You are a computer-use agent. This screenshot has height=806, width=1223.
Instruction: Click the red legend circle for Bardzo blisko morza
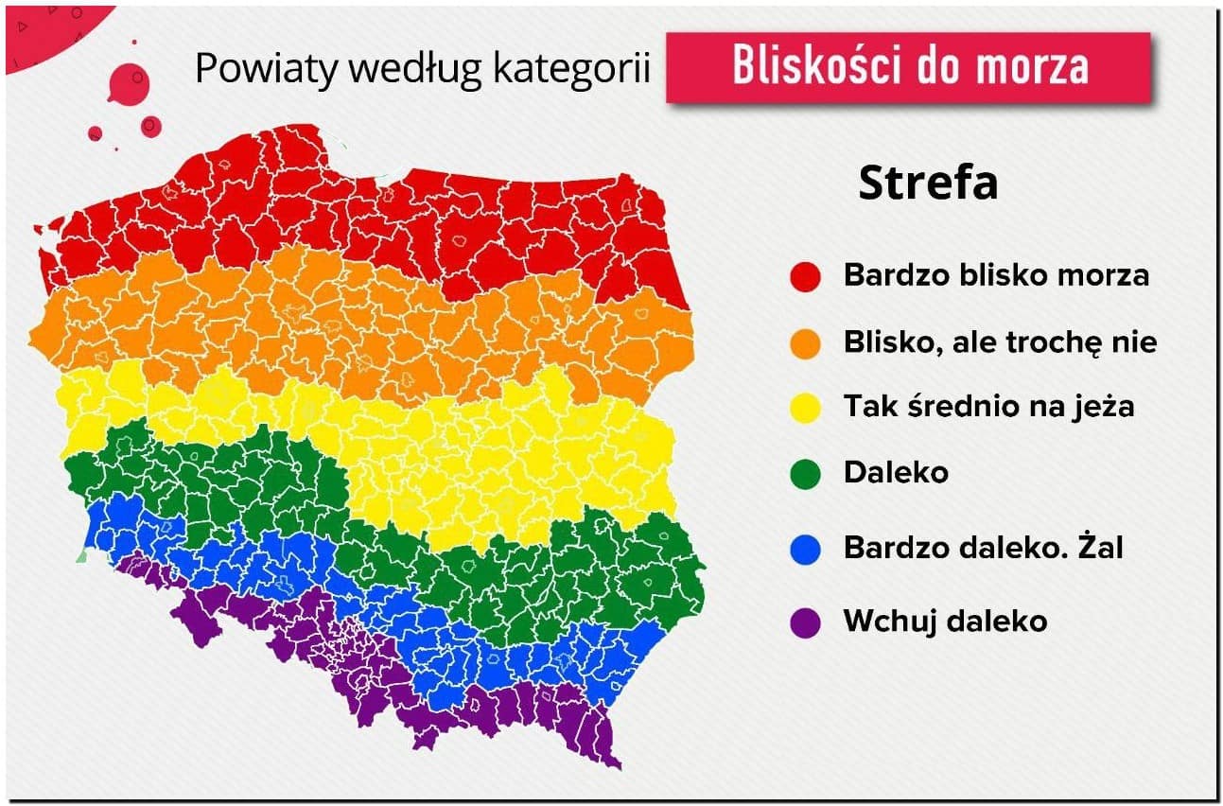[x=805, y=277]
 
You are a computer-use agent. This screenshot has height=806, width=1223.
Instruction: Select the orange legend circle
[x=805, y=344]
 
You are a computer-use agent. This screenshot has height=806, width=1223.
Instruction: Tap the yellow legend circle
[x=805, y=408]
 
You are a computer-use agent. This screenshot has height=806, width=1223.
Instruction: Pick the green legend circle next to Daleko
[x=805, y=473]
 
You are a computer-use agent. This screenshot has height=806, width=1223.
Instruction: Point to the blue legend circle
[x=805, y=549]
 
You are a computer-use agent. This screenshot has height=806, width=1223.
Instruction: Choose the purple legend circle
[x=805, y=623]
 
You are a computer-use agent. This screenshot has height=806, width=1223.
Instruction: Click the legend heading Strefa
[x=928, y=183]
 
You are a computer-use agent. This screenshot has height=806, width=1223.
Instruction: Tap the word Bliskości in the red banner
[x=817, y=65]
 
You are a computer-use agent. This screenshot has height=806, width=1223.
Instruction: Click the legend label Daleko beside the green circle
[x=896, y=472]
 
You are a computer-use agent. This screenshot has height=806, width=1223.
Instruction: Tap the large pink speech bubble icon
[x=129, y=83]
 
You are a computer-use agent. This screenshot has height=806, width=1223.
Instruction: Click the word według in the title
[x=415, y=70]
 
